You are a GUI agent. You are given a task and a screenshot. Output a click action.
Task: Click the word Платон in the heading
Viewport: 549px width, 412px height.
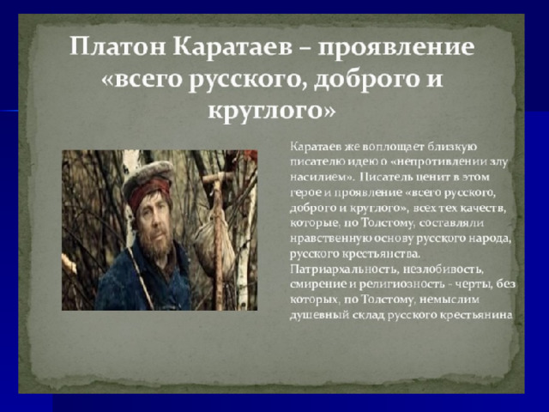[x=118, y=46]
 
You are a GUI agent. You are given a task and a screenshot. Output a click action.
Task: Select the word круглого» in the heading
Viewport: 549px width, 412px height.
[x=272, y=111]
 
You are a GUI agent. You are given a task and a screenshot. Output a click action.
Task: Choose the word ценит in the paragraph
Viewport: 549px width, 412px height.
[x=431, y=178]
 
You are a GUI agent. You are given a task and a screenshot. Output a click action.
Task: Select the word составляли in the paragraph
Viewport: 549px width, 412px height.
[x=452, y=223]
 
